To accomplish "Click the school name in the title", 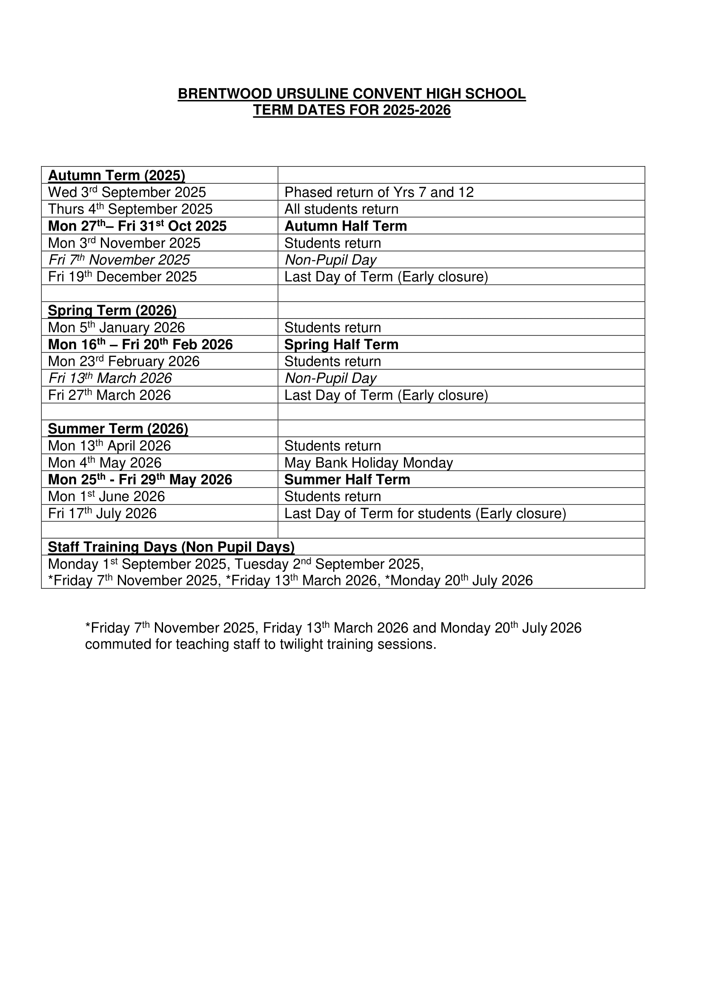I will pos(352,94).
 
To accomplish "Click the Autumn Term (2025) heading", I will pos(116,175).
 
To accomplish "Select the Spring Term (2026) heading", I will pos(112,310).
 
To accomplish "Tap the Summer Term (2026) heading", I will pos(118,429).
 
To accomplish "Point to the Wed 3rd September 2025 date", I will pos(126,192).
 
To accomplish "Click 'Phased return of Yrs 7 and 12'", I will pos(379,192).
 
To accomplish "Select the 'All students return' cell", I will pos(341,209).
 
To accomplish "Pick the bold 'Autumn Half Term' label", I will pos(346,226).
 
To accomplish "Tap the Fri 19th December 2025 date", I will pos(122,277).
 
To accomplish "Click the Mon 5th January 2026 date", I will pos(116,327).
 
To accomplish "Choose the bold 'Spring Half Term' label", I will pos(341,344).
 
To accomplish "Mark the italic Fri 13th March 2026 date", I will pos(110,378).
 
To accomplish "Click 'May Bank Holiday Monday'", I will pos(369,462).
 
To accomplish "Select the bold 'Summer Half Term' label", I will pos(347,479).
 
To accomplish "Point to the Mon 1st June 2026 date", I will pos(106,496).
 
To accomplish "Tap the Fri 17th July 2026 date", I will pos(102,513).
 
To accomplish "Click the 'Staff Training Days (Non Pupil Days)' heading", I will pos(171,547).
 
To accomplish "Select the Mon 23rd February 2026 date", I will pos(123,361).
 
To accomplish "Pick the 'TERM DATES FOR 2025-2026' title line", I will pos(352,110).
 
